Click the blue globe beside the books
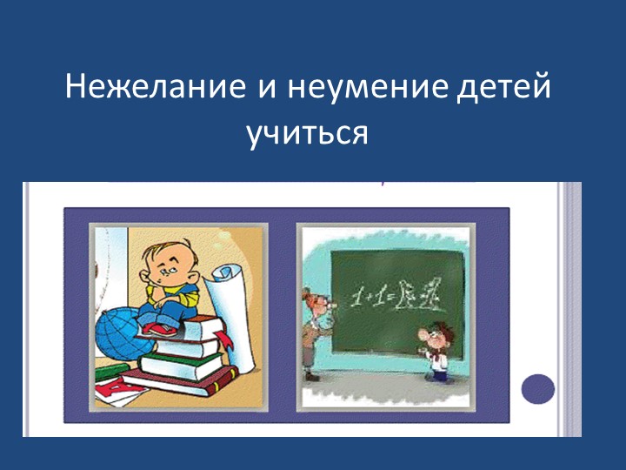[x=122, y=328]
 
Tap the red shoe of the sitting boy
[x=157, y=328]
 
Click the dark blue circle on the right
[x=537, y=388]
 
